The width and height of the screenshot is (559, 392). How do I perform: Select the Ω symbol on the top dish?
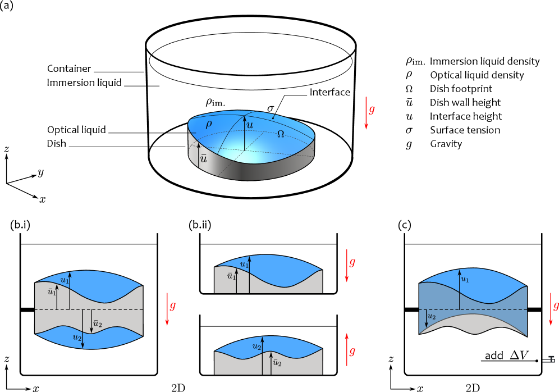(x=281, y=134)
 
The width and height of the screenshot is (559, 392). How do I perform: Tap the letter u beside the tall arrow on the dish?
(x=250, y=125)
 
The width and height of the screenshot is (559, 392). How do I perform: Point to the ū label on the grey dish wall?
(x=203, y=159)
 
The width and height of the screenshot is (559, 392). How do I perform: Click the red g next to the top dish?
(x=372, y=110)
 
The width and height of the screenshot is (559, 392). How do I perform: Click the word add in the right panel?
(x=494, y=355)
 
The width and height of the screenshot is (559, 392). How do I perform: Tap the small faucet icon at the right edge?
(x=548, y=359)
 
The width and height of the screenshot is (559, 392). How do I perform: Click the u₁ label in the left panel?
(x=65, y=280)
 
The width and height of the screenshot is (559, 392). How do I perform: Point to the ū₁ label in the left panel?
(x=52, y=292)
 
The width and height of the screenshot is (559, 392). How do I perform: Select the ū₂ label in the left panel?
(x=97, y=323)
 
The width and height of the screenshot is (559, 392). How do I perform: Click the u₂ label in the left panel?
(x=77, y=337)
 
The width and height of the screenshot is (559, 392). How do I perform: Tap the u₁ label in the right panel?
(x=465, y=279)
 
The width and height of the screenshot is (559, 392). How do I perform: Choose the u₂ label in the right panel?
(x=431, y=317)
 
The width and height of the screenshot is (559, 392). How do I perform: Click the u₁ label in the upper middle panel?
(x=244, y=265)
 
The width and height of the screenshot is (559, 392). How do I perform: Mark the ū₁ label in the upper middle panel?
(x=231, y=276)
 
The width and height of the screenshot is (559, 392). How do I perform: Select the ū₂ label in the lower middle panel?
(x=276, y=363)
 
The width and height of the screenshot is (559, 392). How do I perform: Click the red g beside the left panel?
(x=172, y=306)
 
